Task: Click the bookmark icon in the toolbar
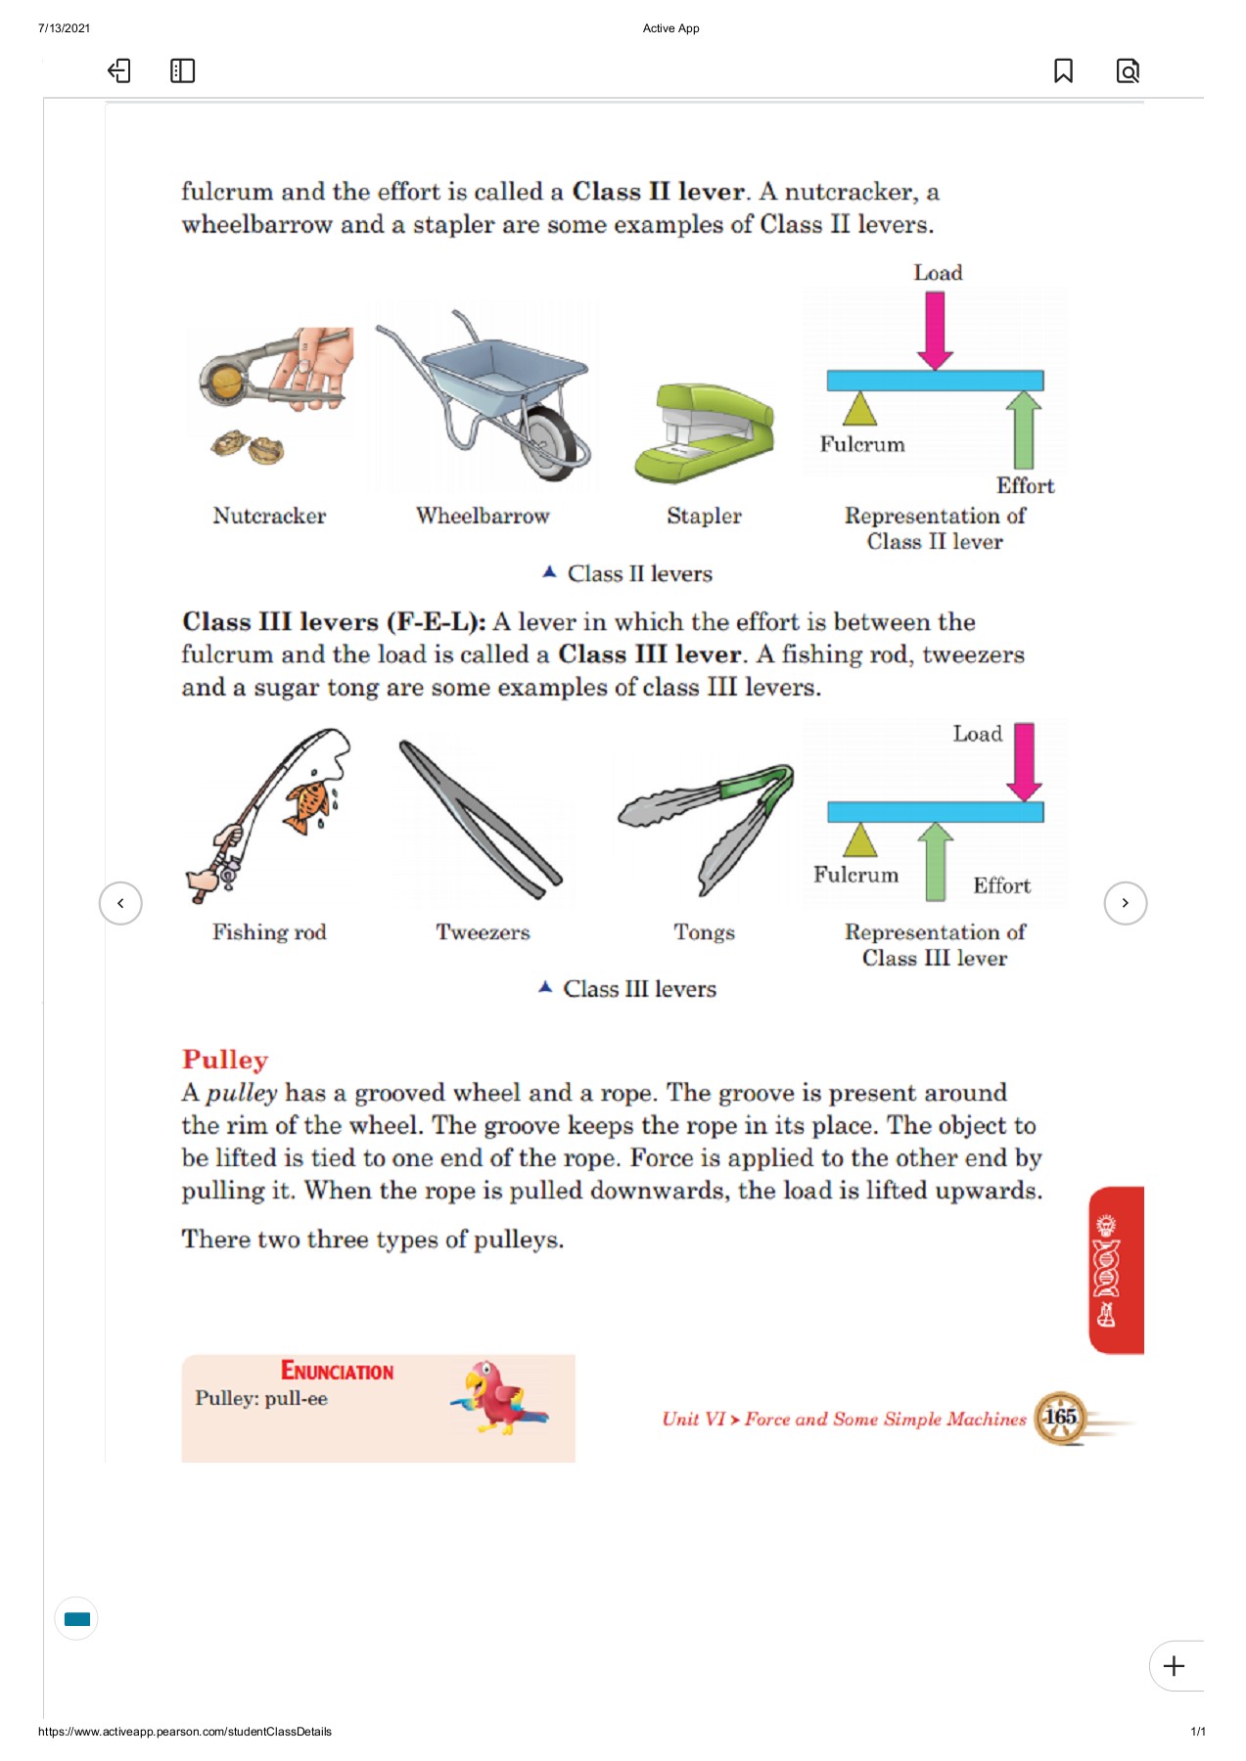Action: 1063,70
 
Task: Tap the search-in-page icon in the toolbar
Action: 1128,70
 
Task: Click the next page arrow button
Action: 1125,903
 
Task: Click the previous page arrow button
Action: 120,903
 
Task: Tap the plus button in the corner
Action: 1174,1666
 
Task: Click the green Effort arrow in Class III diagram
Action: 936,861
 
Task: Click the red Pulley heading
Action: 225,1060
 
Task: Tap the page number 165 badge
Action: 1060,1417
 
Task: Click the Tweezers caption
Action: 483,932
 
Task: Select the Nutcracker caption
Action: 269,516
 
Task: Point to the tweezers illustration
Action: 480,820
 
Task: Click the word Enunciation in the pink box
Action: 337,1371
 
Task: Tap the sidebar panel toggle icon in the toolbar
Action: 182,70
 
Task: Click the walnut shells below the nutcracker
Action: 249,447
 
